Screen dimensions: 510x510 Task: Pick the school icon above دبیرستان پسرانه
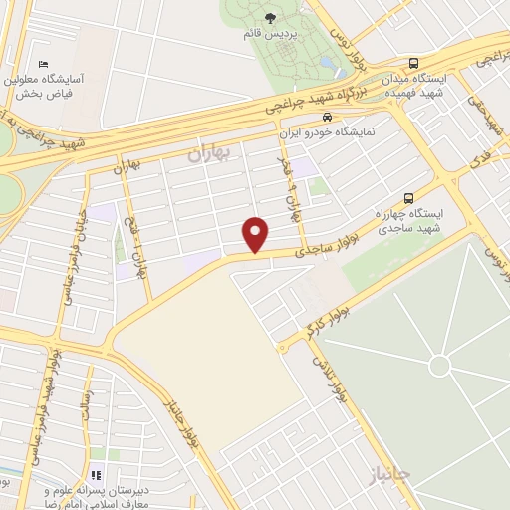tap(97, 475)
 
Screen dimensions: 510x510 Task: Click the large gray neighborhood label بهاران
tap(208, 153)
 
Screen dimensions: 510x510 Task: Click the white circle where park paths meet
tap(439, 366)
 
